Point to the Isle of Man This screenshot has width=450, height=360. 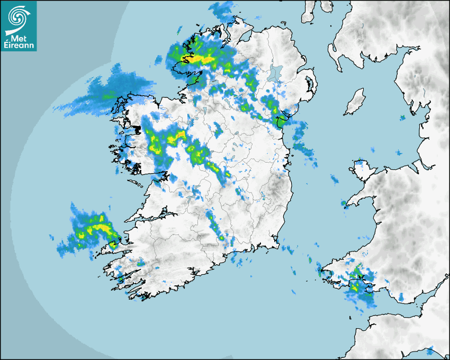point(355,101)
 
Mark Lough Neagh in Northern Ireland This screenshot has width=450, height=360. point(276,72)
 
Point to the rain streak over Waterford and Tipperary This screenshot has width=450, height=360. point(216,225)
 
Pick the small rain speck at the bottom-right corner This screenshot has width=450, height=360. point(430,350)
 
